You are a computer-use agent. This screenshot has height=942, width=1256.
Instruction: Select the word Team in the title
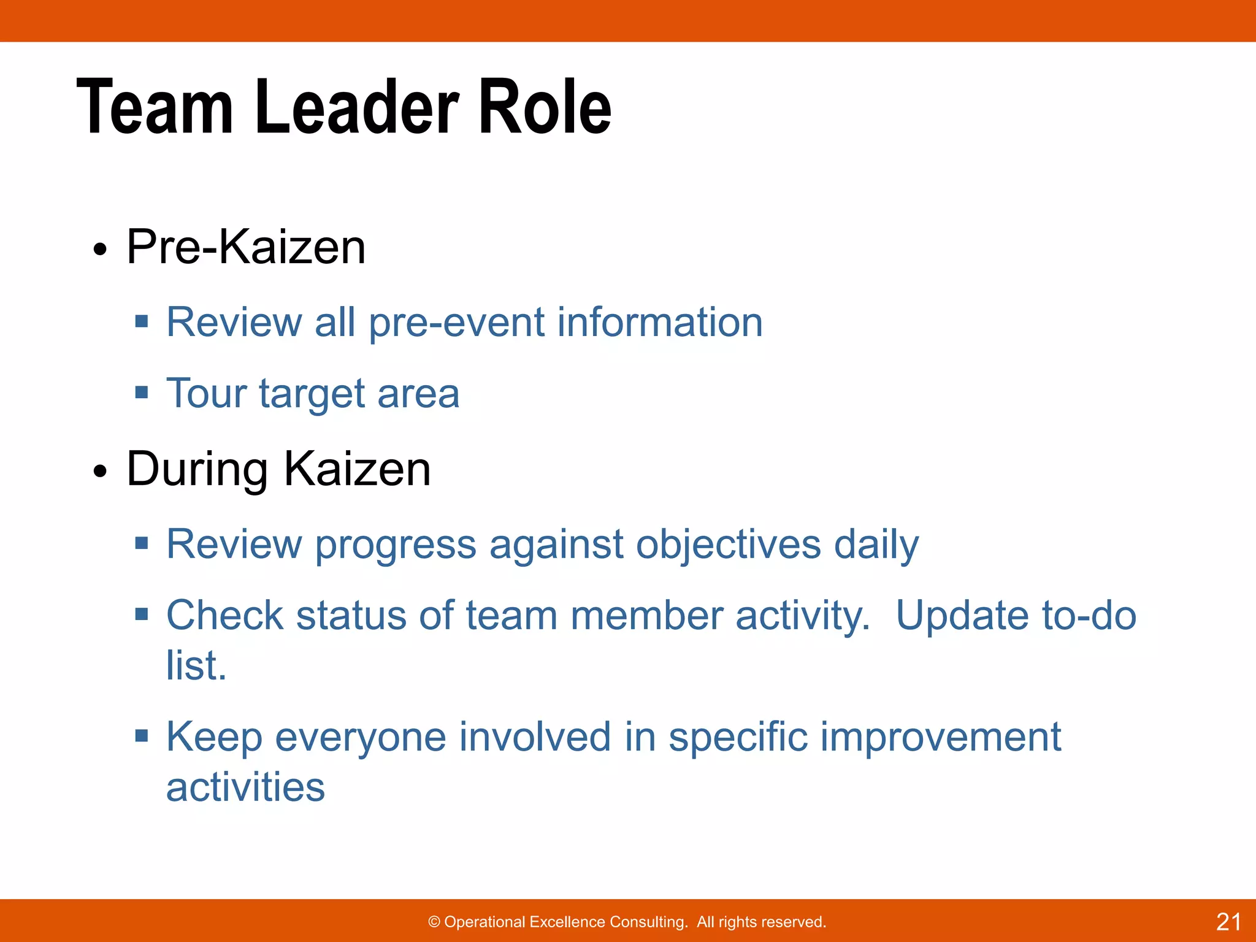click(x=155, y=107)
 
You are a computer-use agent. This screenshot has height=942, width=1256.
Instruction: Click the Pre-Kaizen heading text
click(x=246, y=247)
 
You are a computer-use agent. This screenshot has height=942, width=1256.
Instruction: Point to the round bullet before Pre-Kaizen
click(x=100, y=250)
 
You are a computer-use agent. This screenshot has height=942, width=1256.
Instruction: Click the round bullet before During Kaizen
click(x=100, y=472)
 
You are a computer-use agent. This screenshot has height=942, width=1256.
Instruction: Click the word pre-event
click(x=456, y=323)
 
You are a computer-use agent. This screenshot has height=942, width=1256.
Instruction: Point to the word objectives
click(x=729, y=545)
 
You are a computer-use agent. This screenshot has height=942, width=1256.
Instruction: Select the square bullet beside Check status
click(x=142, y=613)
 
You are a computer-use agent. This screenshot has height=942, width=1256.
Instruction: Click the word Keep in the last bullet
click(x=214, y=737)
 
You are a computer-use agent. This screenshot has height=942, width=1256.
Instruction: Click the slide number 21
click(x=1228, y=922)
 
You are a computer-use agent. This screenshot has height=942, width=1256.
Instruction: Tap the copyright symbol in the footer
click(x=434, y=922)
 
